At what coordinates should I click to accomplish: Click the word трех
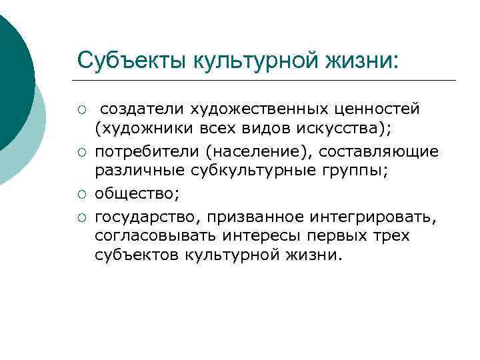[x=393, y=237]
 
